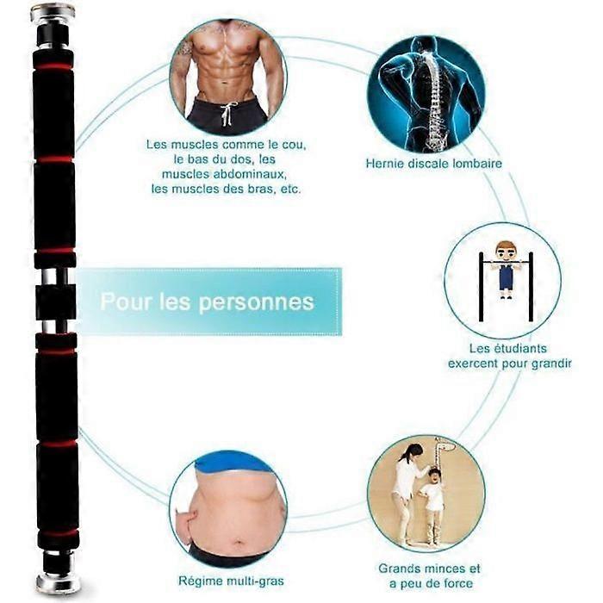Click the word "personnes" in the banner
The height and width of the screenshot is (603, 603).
256,303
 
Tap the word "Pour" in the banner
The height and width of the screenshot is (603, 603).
125,301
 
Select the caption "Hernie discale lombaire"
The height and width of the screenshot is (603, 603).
434,164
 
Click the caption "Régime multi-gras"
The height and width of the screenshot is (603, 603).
231,581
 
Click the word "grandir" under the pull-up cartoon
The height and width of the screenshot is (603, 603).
551,364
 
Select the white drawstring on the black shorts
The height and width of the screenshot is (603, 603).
227,114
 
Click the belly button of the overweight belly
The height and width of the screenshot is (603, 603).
239,543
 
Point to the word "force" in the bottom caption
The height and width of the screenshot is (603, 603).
457,583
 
